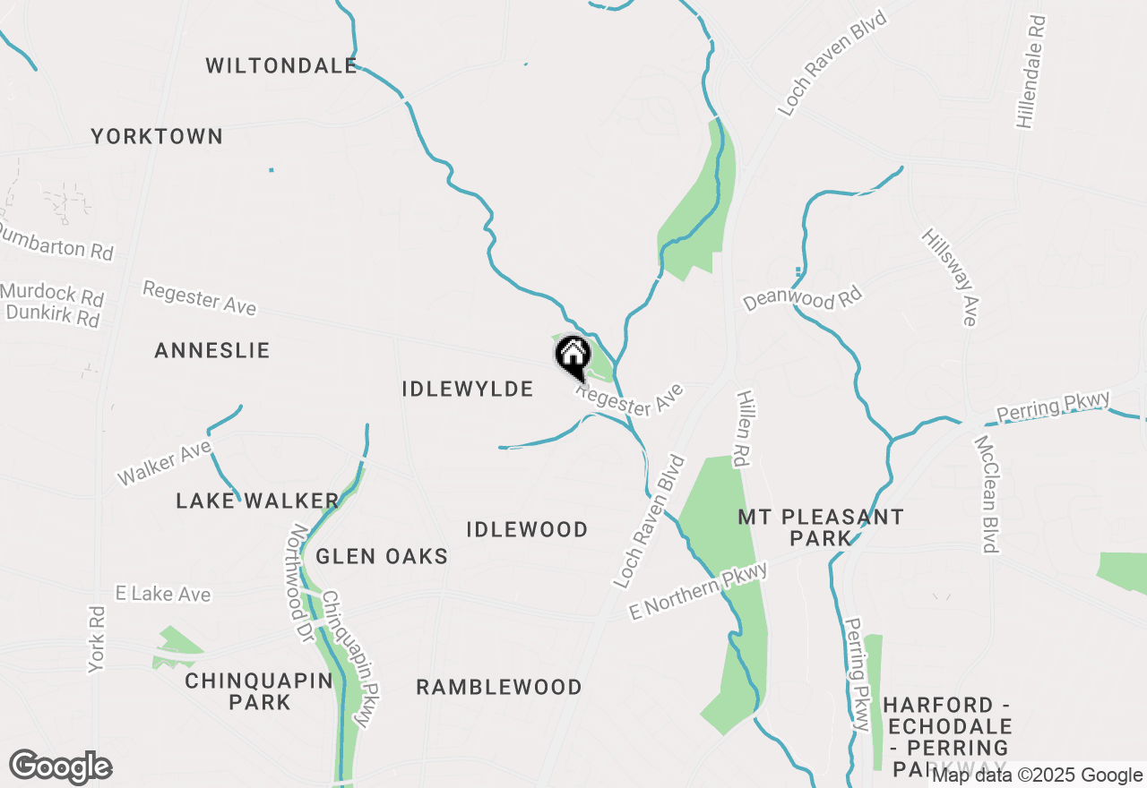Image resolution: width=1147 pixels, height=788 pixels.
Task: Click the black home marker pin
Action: pyautogui.click(x=573, y=357)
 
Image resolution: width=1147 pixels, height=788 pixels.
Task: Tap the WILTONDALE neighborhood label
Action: pyautogui.click(x=281, y=65)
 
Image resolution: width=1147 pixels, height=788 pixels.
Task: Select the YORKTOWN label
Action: pyautogui.click(x=157, y=136)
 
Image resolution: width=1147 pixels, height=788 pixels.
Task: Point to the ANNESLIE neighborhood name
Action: pyautogui.click(x=212, y=350)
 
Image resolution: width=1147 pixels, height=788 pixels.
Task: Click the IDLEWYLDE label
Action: pyautogui.click(x=468, y=389)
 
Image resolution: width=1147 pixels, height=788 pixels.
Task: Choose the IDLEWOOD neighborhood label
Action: pyautogui.click(x=527, y=529)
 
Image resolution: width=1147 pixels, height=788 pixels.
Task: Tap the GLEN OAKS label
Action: pyautogui.click(x=382, y=556)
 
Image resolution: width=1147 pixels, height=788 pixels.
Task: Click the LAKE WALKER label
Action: pyautogui.click(x=257, y=501)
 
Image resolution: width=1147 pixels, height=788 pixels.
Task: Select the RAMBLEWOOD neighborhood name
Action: pyautogui.click(x=499, y=687)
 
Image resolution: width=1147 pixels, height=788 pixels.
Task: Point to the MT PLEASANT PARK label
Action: pyautogui.click(x=821, y=527)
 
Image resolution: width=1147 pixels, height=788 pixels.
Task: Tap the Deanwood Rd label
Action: pyautogui.click(x=802, y=298)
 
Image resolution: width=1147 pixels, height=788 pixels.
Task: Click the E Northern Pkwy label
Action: pyautogui.click(x=698, y=593)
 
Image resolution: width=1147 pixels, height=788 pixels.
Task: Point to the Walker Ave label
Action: pyautogui.click(x=164, y=462)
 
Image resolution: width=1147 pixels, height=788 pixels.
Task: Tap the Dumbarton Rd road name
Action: pyautogui.click(x=56, y=243)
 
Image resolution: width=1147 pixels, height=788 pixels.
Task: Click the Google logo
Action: pyautogui.click(x=60, y=767)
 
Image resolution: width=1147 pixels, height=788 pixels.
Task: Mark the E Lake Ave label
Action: pyautogui.click(x=163, y=595)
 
